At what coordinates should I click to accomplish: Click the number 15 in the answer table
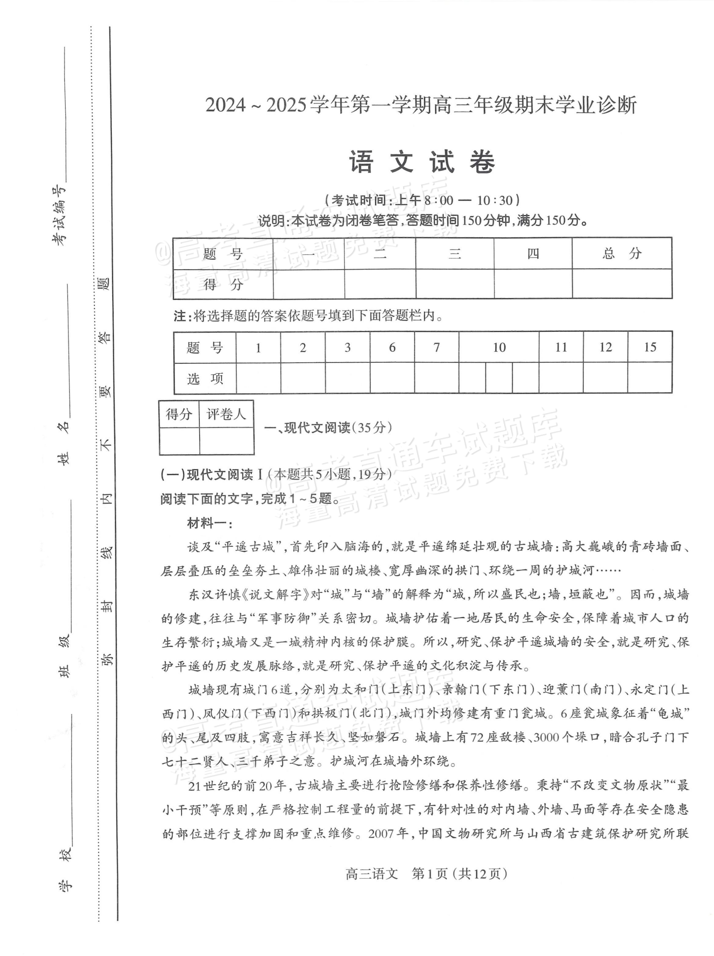[x=649, y=347]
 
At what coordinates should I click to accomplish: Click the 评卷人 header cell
[x=226, y=414]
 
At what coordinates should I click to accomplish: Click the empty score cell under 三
[x=455, y=284]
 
